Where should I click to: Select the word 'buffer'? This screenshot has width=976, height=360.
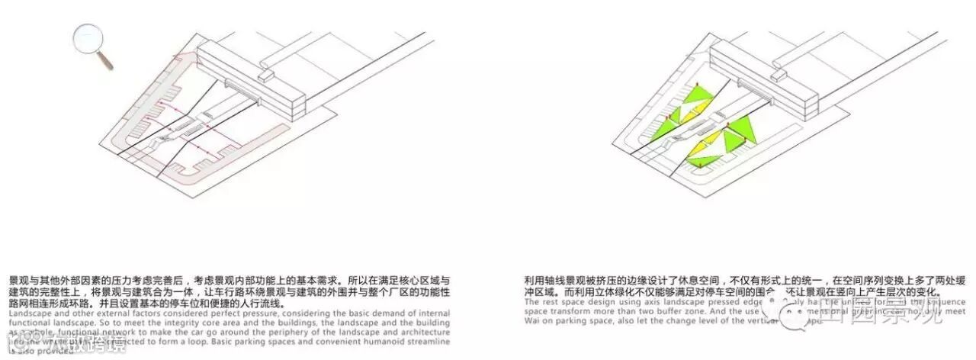[645, 312]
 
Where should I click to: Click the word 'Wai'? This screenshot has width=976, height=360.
[533, 322]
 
